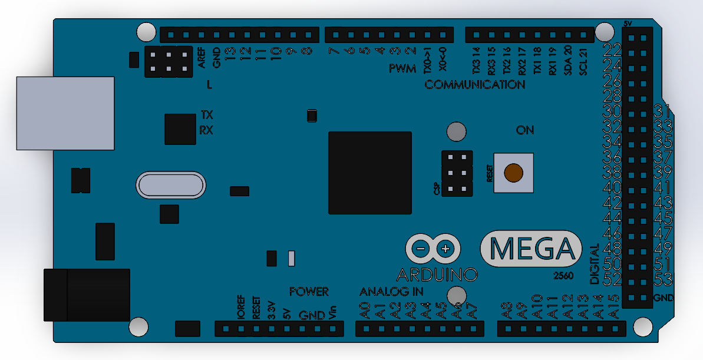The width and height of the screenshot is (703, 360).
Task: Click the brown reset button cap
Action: click(x=513, y=172)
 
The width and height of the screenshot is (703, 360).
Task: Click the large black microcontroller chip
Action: click(x=370, y=173)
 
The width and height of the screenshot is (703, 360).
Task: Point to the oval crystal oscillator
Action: click(x=171, y=185)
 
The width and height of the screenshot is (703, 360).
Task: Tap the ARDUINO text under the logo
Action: click(x=437, y=275)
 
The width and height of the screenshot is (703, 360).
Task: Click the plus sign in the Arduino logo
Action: click(x=446, y=249)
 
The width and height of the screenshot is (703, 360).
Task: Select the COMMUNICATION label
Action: click(x=474, y=85)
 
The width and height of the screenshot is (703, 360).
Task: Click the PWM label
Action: click(x=402, y=69)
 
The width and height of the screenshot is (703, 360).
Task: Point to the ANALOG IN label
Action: click(x=391, y=292)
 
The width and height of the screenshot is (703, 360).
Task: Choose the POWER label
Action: click(x=309, y=292)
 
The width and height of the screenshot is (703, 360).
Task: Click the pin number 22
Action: click(x=613, y=49)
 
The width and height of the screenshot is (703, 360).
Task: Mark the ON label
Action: click(x=524, y=130)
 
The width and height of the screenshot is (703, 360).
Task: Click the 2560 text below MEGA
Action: click(x=564, y=276)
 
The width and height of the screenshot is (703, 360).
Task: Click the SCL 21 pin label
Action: click(x=583, y=61)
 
